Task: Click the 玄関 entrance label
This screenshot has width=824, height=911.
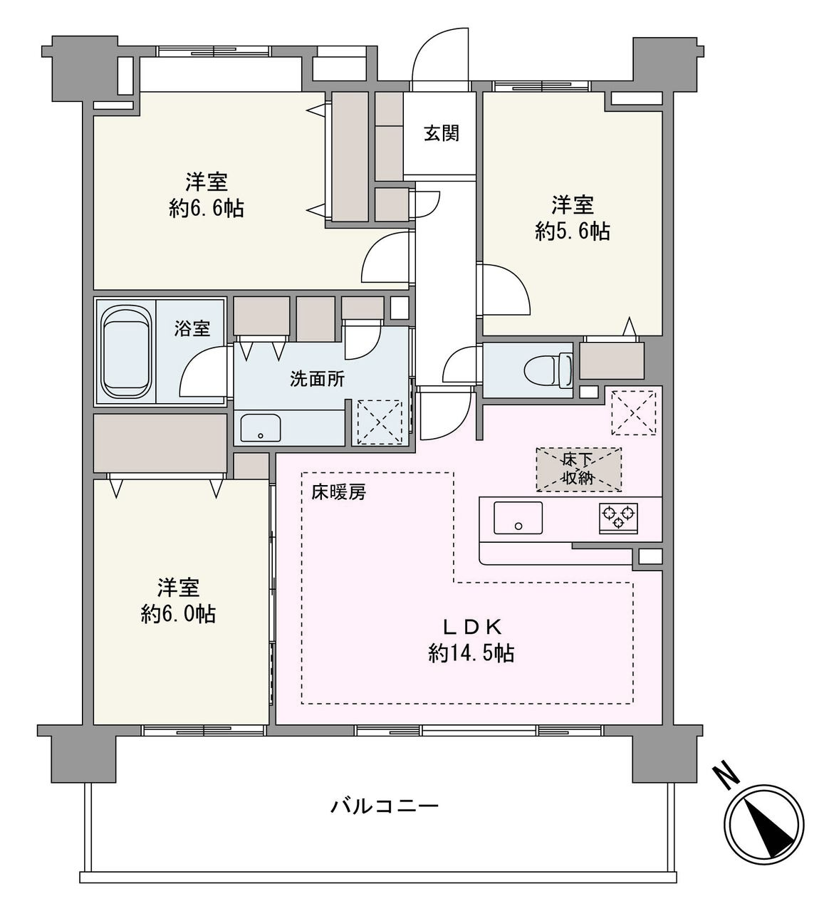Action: pyautogui.click(x=442, y=133)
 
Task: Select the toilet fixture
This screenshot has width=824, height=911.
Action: pyautogui.click(x=548, y=370)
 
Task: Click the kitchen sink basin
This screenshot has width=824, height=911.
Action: pyautogui.click(x=518, y=517)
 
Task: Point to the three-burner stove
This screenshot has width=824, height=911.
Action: pyautogui.click(x=618, y=516)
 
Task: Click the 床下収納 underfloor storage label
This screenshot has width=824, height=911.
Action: pyautogui.click(x=578, y=469)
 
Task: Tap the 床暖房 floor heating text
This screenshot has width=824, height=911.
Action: pyautogui.click(x=338, y=492)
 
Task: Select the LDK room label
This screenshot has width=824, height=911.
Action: pyautogui.click(x=473, y=627)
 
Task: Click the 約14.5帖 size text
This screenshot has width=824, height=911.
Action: pyautogui.click(x=471, y=653)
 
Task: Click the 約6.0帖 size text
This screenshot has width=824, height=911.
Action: pyautogui.click(x=178, y=613)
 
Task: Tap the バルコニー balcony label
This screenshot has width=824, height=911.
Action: pyautogui.click(x=385, y=806)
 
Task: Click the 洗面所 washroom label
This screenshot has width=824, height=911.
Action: pyautogui.click(x=317, y=379)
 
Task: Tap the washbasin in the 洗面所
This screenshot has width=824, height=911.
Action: pyautogui.click(x=260, y=428)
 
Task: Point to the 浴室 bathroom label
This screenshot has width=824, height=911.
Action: pyautogui.click(x=192, y=329)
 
